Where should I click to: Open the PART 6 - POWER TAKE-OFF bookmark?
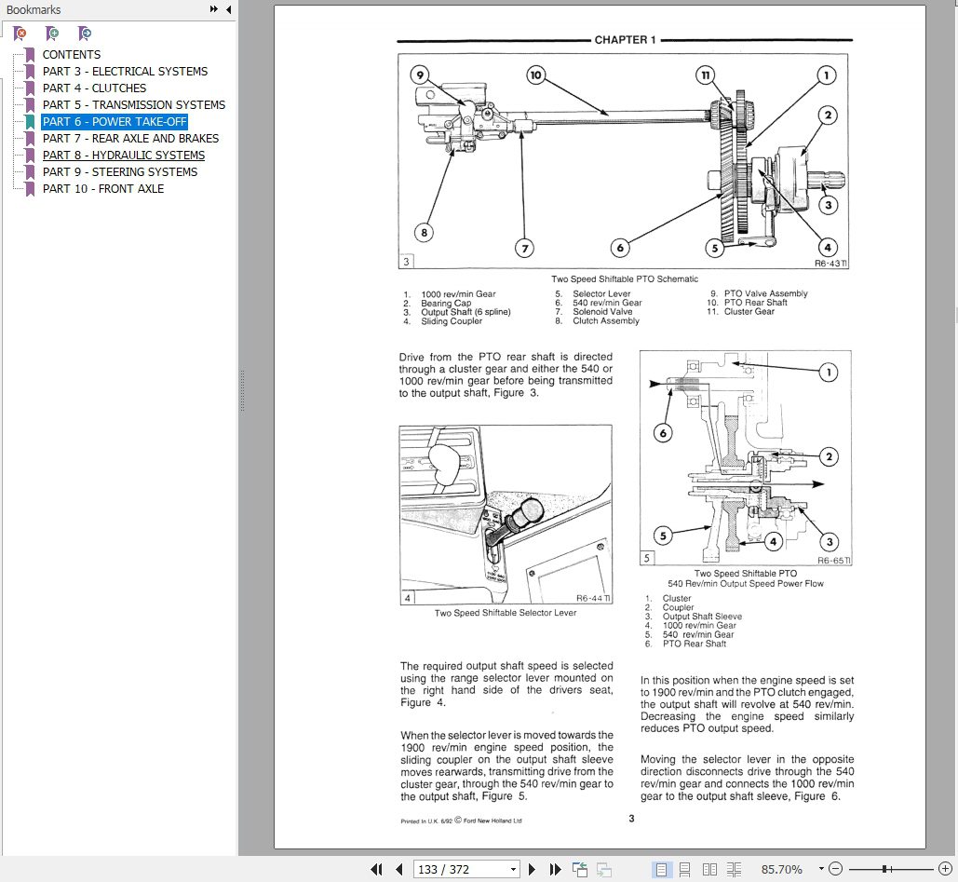[115, 121]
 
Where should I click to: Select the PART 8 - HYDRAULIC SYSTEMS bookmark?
[123, 155]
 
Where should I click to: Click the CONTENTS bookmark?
[71, 54]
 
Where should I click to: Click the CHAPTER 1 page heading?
[625, 40]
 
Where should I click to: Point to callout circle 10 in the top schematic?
[535, 75]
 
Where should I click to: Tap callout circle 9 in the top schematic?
[420, 75]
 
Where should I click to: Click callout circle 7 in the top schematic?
[525, 249]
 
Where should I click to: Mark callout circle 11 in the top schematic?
[708, 75]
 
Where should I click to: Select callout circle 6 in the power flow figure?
[663, 432]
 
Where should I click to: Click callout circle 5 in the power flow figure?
[663, 536]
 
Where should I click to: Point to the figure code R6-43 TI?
[831, 264]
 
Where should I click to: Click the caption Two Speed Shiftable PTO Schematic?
[624, 279]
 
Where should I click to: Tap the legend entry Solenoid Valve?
[602, 312]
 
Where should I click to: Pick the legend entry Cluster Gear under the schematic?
[749, 312]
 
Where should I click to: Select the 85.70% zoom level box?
[780, 869]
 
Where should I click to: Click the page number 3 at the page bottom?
[630, 819]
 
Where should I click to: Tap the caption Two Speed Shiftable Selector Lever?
[506, 613]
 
